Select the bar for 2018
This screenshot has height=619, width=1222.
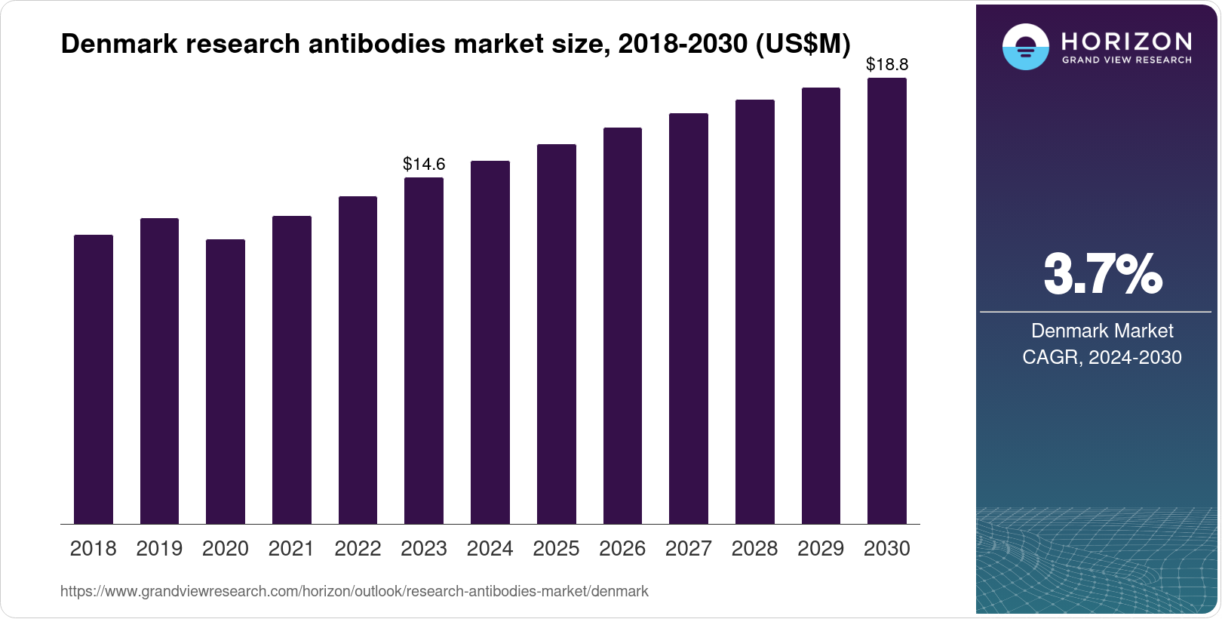[x=94, y=379]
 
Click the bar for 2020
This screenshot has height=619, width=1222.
[x=226, y=381]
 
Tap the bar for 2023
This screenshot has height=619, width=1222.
[x=424, y=350]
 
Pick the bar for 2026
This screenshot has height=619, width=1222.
[x=622, y=325]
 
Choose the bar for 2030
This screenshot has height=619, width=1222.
[x=887, y=300]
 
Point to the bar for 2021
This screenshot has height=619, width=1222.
[x=292, y=370]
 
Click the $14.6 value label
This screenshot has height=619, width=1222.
[x=424, y=164]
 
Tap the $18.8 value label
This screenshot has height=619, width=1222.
[x=887, y=65]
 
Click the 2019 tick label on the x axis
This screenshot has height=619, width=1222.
[x=159, y=549]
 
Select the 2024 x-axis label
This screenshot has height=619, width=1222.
[x=490, y=549]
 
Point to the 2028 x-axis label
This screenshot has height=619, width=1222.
[x=754, y=549]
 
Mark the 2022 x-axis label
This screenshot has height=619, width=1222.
[x=358, y=549]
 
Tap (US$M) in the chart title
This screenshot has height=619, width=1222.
[x=803, y=45]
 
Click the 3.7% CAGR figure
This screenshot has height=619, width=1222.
[x=1102, y=274]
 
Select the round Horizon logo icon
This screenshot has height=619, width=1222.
[x=1025, y=47]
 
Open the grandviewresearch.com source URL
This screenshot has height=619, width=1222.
[x=355, y=591]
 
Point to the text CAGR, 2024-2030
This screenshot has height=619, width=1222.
[x=1102, y=357]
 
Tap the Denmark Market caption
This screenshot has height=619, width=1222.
[x=1102, y=331]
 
